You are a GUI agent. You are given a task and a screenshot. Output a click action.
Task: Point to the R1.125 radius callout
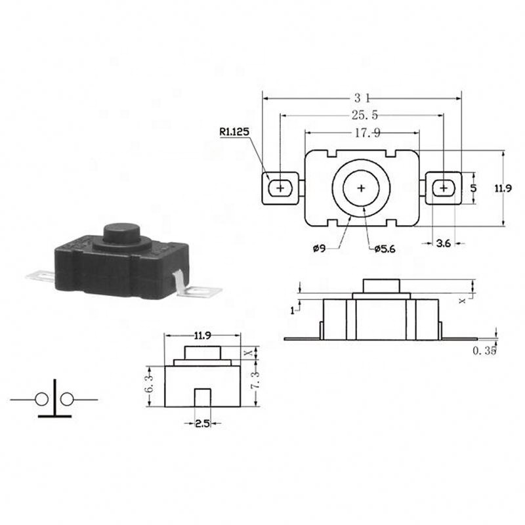pyautogui.click(x=234, y=132)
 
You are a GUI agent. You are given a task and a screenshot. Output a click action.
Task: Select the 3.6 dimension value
pyautogui.click(x=443, y=243)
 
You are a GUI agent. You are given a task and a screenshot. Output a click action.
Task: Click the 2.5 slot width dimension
pyautogui.click(x=202, y=425)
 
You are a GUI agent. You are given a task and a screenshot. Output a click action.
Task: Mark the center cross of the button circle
pyautogui.click(x=361, y=188)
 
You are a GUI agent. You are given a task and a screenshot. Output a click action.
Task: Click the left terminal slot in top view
pyautogui.click(x=281, y=188)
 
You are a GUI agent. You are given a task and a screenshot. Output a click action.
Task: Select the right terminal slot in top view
pyautogui.click(x=444, y=188)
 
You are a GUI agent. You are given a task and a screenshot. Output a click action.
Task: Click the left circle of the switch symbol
pyautogui.click(x=42, y=399)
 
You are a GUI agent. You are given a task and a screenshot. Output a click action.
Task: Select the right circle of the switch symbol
pyautogui.click(x=66, y=399)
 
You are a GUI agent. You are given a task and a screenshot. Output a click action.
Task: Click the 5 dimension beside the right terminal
pyautogui.click(x=474, y=188)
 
